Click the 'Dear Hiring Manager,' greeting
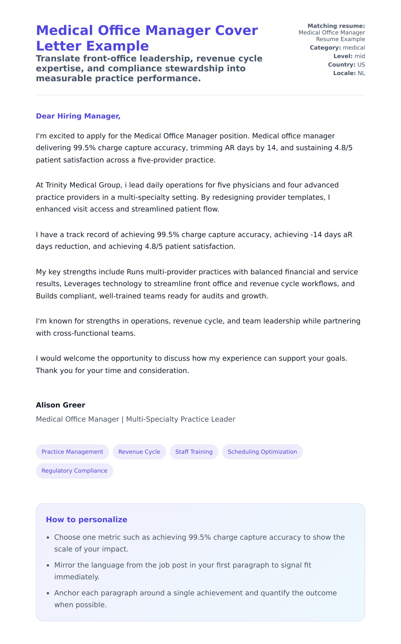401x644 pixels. (78, 116)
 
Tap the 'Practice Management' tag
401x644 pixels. (72, 452)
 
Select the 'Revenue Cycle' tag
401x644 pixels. (139, 452)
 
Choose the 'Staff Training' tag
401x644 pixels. (194, 452)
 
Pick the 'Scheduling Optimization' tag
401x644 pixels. (262, 452)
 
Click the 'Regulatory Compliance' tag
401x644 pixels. (74, 470)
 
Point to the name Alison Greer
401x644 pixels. (60, 405)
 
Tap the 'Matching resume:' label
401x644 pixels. (336, 26)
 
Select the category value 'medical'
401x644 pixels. (354, 48)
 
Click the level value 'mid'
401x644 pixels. (360, 56)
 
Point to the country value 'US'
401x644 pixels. (361, 65)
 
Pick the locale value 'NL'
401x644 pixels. (361, 73)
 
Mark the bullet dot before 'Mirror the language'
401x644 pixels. (48, 565)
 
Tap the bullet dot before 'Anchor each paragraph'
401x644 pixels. (48, 593)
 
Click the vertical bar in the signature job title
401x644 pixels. (122, 419)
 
